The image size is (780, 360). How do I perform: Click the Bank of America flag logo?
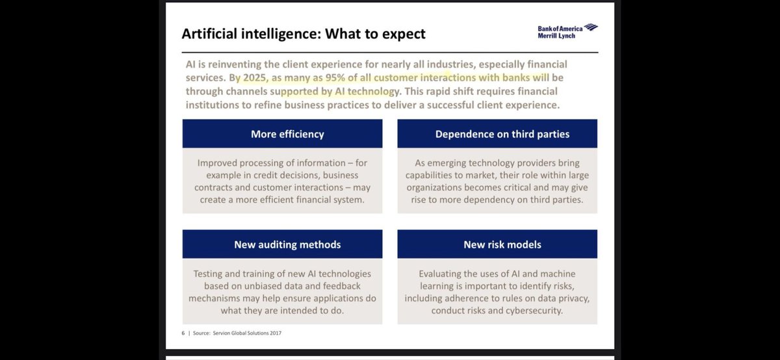(590, 27)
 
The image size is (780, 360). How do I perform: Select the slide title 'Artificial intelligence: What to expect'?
(303, 33)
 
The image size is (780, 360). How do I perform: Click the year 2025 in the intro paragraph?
(250, 77)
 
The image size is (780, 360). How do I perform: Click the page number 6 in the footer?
(183, 333)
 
